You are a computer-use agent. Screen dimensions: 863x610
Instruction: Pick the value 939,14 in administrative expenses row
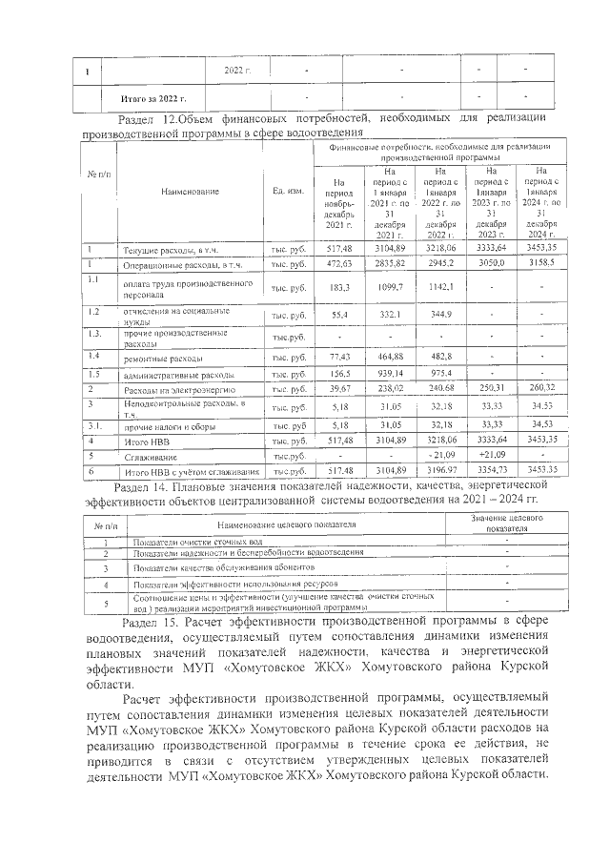[390, 375]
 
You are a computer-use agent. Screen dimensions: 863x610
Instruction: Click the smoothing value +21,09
[490, 456]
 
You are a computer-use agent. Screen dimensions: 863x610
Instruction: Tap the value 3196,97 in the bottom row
[440, 471]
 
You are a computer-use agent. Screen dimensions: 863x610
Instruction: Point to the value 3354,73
[490, 471]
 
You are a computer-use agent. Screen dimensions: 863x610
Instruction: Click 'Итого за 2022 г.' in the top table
[153, 98]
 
